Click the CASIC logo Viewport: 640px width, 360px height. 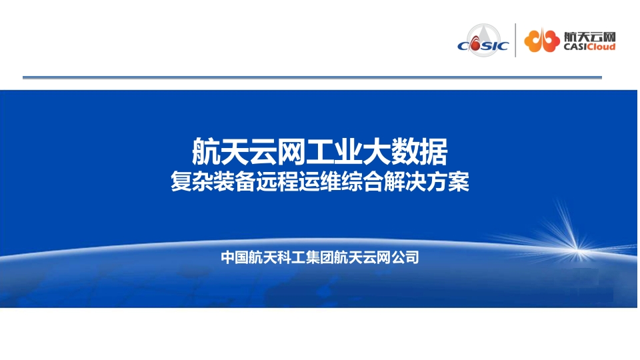tap(483, 41)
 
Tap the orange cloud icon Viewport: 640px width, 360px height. tap(542, 41)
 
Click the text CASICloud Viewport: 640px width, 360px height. tap(589, 47)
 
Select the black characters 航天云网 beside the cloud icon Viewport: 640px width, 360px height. tap(589, 36)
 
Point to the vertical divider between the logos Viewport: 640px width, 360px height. tap(515, 40)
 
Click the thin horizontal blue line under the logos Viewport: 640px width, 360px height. tap(312, 77)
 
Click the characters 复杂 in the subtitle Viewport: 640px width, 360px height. tap(191, 181)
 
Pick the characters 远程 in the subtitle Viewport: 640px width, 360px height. tap(277, 181)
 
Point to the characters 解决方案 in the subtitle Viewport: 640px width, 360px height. tap(427, 181)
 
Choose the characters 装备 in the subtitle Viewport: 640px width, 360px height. tap(234, 181)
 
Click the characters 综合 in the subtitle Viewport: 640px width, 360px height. tap(362, 181)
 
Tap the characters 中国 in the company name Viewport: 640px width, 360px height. tap(235, 257)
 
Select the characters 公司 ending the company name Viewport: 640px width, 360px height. tap(405, 257)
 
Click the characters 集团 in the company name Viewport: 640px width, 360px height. tap(319, 257)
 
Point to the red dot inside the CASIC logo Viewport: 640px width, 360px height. tap(475, 45)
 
